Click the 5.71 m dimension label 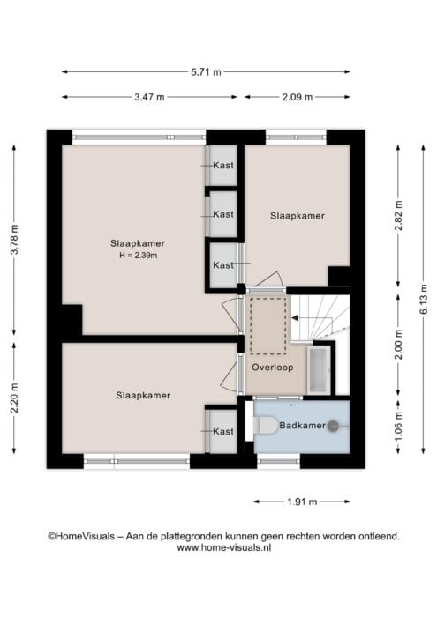(x=206, y=72)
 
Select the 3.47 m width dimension (x=149, y=97)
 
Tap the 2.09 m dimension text (x=298, y=97)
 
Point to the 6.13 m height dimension (x=424, y=299)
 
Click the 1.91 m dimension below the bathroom (x=302, y=502)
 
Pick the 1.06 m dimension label (x=398, y=427)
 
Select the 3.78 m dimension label (x=14, y=240)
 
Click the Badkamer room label (x=302, y=426)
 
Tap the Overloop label (x=273, y=368)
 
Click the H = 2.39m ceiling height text (x=139, y=256)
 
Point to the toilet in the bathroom (x=265, y=426)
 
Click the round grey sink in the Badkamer (x=334, y=426)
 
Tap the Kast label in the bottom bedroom (x=223, y=432)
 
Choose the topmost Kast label (x=223, y=166)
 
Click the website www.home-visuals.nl (x=224, y=547)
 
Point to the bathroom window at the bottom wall (x=279, y=461)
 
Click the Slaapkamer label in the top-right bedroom (x=298, y=216)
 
